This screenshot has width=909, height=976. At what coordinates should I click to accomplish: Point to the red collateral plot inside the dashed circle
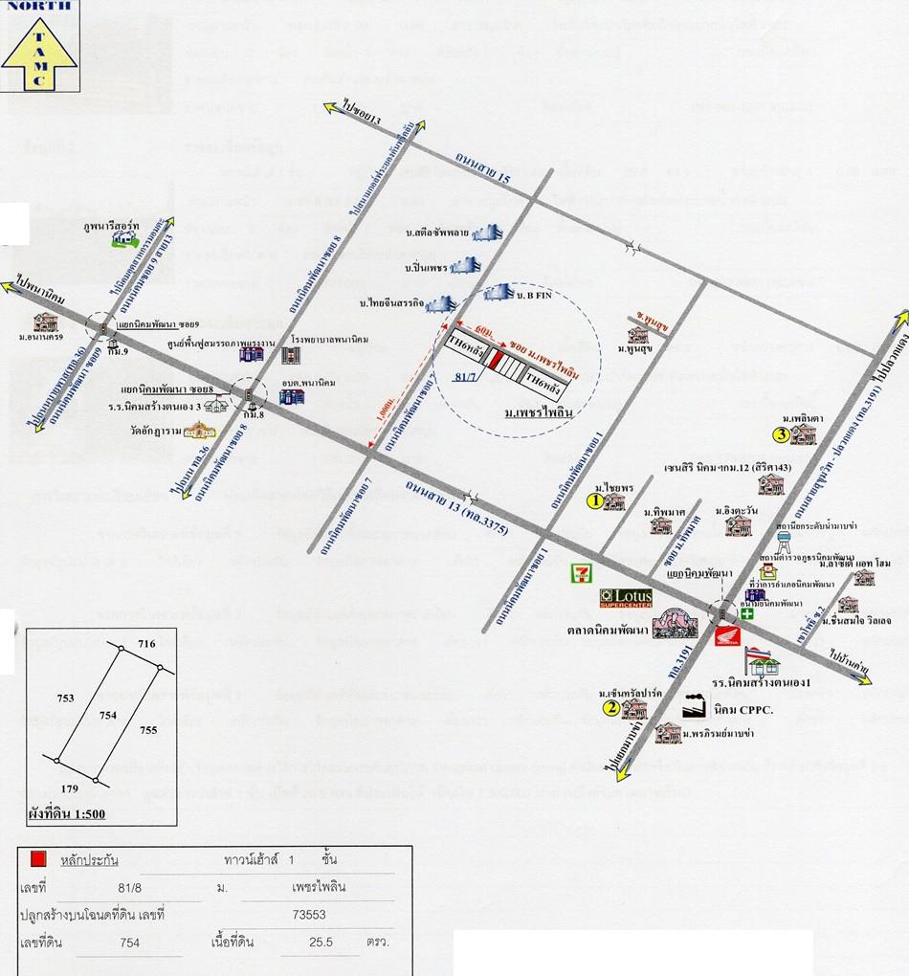(x=494, y=360)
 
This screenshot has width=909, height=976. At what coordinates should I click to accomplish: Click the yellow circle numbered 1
(x=593, y=499)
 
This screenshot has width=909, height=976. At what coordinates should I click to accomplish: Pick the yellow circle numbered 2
(x=610, y=708)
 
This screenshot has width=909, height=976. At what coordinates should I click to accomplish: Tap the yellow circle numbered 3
(x=781, y=436)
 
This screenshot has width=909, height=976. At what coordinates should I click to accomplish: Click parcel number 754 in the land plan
(x=108, y=714)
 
